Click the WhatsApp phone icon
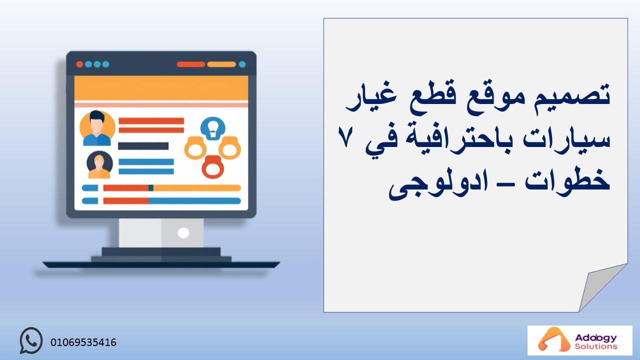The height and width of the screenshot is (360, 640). point(31,340)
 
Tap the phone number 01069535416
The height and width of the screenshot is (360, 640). point(83,342)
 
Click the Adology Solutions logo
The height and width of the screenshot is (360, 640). point(579,340)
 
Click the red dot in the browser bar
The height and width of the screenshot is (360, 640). point(79,64)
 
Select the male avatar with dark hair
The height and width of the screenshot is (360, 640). point(97,128)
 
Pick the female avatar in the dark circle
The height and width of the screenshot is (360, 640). point(99,164)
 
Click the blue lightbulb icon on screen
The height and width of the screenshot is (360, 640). point(213,128)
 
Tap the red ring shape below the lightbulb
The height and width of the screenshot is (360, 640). point(213,167)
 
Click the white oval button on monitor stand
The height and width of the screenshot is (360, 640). point(183,233)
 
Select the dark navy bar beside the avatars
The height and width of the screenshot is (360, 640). point(143,146)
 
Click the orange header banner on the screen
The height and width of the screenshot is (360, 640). point(161,88)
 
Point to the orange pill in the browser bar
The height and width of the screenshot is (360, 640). point(221,64)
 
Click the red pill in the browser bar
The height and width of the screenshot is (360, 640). point(191,64)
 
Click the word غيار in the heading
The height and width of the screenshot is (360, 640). point(371,98)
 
